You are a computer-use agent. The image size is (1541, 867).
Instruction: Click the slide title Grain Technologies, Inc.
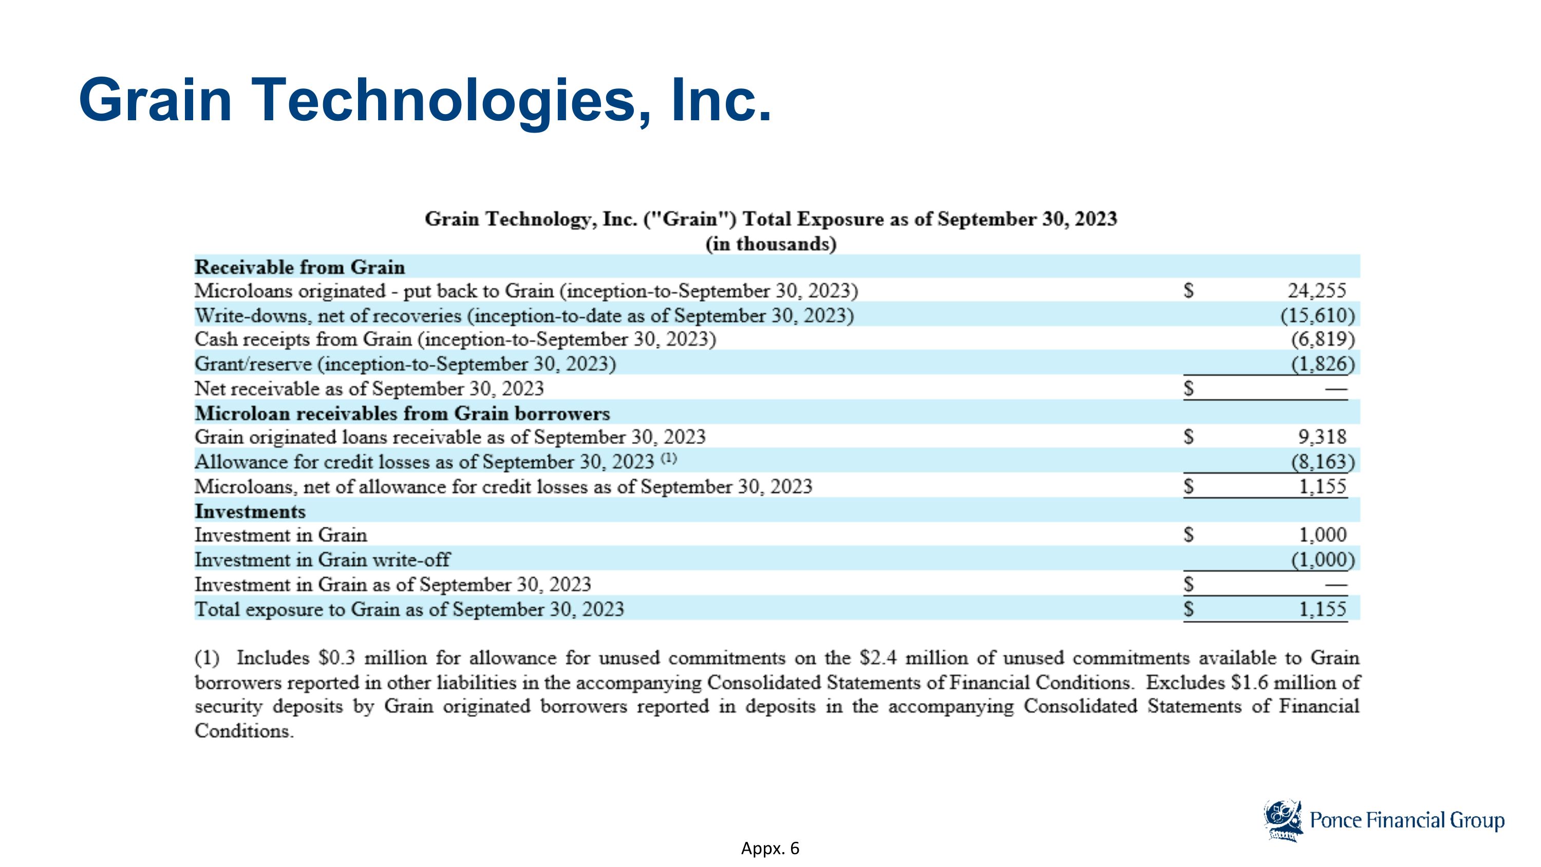click(425, 100)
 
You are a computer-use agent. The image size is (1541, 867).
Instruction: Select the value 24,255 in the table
click(1317, 291)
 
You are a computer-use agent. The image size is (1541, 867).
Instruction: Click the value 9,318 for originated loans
click(1322, 437)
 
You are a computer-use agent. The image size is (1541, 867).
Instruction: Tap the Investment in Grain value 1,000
click(1322, 534)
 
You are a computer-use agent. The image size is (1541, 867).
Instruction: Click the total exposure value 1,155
click(1322, 609)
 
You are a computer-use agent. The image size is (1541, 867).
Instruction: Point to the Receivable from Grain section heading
click(299, 267)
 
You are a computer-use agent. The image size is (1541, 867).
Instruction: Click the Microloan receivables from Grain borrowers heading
click(403, 413)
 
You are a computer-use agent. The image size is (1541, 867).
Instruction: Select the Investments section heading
click(250, 511)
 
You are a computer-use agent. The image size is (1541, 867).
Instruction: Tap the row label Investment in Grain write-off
click(323, 560)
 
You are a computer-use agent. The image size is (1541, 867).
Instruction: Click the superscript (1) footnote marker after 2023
click(669, 458)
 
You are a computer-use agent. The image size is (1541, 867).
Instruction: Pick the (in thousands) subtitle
click(771, 244)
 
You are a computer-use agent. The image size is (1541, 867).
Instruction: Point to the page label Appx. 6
click(770, 848)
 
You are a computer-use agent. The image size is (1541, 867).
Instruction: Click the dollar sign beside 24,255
click(1189, 291)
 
